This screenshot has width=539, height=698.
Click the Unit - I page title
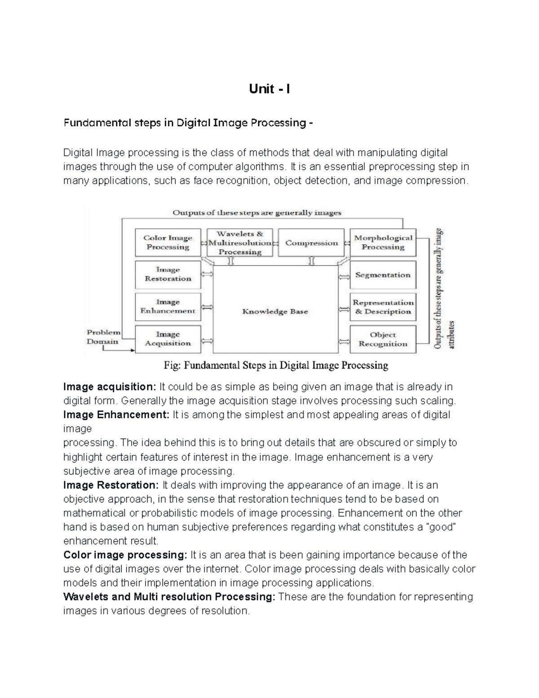(x=269, y=89)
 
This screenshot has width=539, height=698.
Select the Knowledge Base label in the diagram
(x=275, y=311)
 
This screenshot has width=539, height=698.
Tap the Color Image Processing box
(x=168, y=243)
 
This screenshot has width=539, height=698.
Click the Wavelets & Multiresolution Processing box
(x=240, y=243)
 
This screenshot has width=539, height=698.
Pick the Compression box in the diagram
(x=311, y=243)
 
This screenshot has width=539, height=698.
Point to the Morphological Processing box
(x=383, y=243)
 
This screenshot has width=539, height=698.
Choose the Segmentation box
(x=383, y=275)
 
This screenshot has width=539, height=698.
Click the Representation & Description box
(x=383, y=307)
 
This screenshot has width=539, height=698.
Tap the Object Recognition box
(x=383, y=339)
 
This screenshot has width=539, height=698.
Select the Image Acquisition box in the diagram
(x=168, y=339)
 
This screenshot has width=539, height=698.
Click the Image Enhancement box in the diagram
(x=168, y=307)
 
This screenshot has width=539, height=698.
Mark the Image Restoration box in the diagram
(x=168, y=275)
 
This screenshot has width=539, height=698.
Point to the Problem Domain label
(x=103, y=337)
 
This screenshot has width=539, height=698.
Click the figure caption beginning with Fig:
(x=276, y=365)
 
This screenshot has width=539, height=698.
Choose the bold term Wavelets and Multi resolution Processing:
(x=169, y=597)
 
